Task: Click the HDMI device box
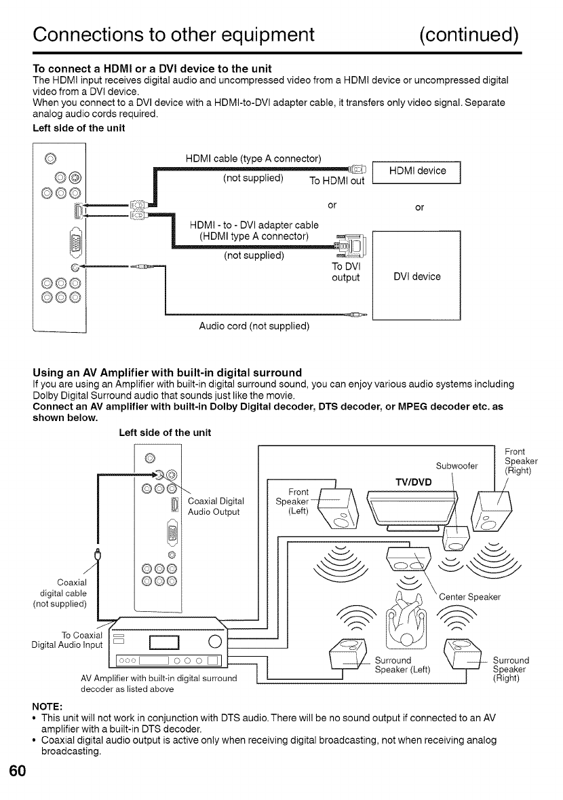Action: tap(417, 171)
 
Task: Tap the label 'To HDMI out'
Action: tap(336, 181)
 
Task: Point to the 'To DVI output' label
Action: tap(345, 272)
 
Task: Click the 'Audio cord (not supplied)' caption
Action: tap(254, 326)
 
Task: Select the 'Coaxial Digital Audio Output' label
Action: tap(214, 507)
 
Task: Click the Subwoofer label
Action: tap(458, 466)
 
